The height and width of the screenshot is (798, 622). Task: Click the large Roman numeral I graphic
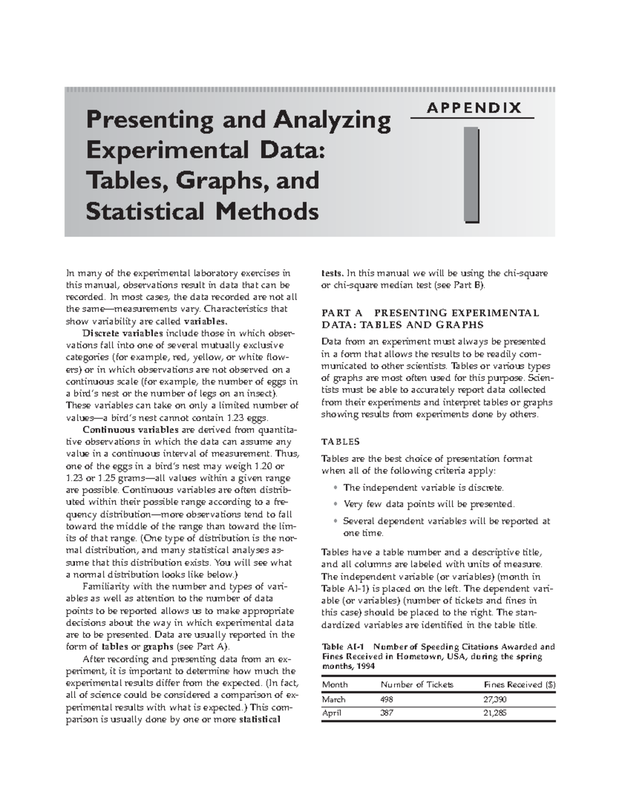[472, 175]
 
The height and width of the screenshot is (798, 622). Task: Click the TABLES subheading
[341, 442]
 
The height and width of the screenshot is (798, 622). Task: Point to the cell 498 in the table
[387, 699]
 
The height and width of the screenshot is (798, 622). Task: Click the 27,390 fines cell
[495, 699]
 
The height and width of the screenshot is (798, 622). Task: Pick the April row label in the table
[332, 713]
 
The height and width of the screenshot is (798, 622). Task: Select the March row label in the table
[334, 699]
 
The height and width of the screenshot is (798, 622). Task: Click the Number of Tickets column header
[417, 684]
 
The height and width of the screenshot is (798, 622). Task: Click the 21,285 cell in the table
[495, 713]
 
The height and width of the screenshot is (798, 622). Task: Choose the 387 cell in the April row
[387, 713]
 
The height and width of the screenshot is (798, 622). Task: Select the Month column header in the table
[335, 684]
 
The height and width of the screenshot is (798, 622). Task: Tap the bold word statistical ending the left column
[259, 720]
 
